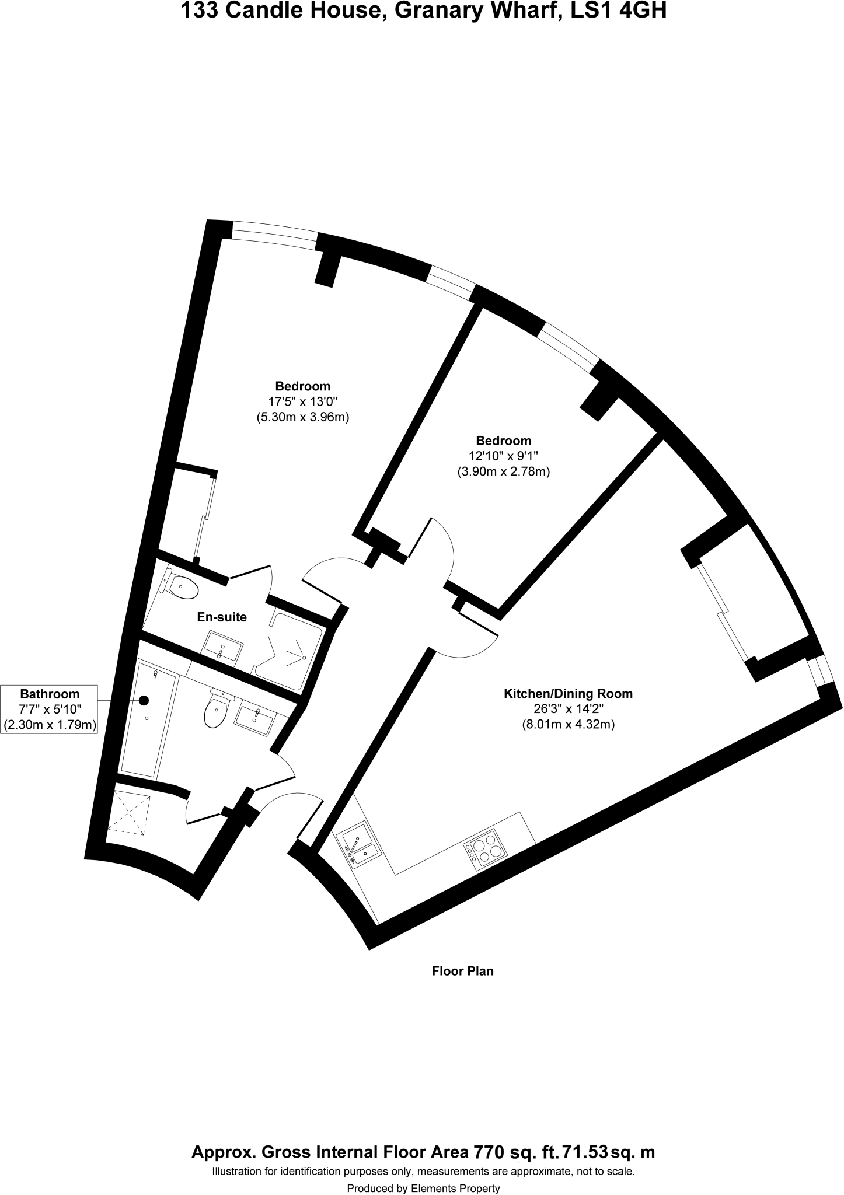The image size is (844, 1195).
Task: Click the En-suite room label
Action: tap(222, 617)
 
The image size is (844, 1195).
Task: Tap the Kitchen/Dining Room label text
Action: tap(568, 694)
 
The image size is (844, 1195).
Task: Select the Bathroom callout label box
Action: tap(50, 709)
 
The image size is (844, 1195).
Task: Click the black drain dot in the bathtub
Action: tap(144, 700)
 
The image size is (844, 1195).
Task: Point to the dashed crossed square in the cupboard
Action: tap(128, 813)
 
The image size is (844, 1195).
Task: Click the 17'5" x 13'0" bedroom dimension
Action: tap(303, 401)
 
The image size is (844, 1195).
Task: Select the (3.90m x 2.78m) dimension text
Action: tap(503, 471)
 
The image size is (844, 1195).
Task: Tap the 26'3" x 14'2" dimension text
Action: tap(568, 709)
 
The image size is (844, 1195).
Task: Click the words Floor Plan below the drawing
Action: tap(462, 972)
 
